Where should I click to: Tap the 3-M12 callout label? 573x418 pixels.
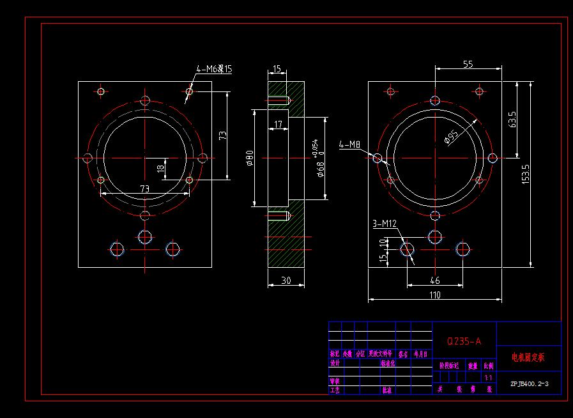pos(385,224)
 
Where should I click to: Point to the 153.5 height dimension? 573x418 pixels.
pos(526,174)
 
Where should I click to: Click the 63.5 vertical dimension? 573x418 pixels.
pos(512,120)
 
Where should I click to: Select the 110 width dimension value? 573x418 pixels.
pos(434,295)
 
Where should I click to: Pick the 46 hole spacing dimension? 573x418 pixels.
pos(434,280)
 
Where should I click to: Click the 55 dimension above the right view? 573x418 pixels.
pos(468,64)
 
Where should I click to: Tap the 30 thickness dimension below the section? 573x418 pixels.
pos(286,280)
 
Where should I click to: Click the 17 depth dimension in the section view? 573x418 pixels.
pos(278,124)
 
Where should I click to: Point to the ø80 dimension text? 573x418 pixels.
pos(250,157)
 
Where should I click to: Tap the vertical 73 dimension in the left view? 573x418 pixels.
pos(222,135)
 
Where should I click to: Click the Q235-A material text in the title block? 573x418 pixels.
pos(464,341)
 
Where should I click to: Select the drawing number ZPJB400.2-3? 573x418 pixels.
pos(528,384)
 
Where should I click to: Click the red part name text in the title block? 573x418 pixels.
pos(528,357)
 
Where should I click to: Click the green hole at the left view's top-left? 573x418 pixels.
pos(100,91)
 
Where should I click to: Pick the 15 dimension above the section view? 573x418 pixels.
pos(277,68)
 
